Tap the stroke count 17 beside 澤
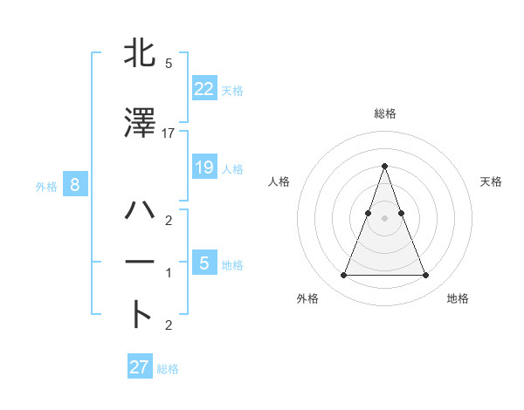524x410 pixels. pyautogui.click(x=169, y=133)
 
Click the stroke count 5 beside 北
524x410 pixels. pyautogui.click(x=168, y=64)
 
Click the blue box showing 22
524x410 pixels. pyautogui.click(x=203, y=88)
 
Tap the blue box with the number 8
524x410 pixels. pyautogui.click(x=75, y=184)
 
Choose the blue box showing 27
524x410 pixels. pyautogui.click(x=139, y=366)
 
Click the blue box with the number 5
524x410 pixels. pyautogui.click(x=203, y=263)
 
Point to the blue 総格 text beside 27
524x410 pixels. pyautogui.click(x=168, y=369)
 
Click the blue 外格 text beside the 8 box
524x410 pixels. pyautogui.click(x=45, y=186)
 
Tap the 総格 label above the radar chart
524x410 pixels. pyautogui.click(x=384, y=113)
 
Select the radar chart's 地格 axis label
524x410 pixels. pyautogui.click(x=458, y=298)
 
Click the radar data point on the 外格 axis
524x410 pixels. pyautogui.click(x=343, y=276)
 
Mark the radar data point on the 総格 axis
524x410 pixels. pyautogui.click(x=384, y=166)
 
